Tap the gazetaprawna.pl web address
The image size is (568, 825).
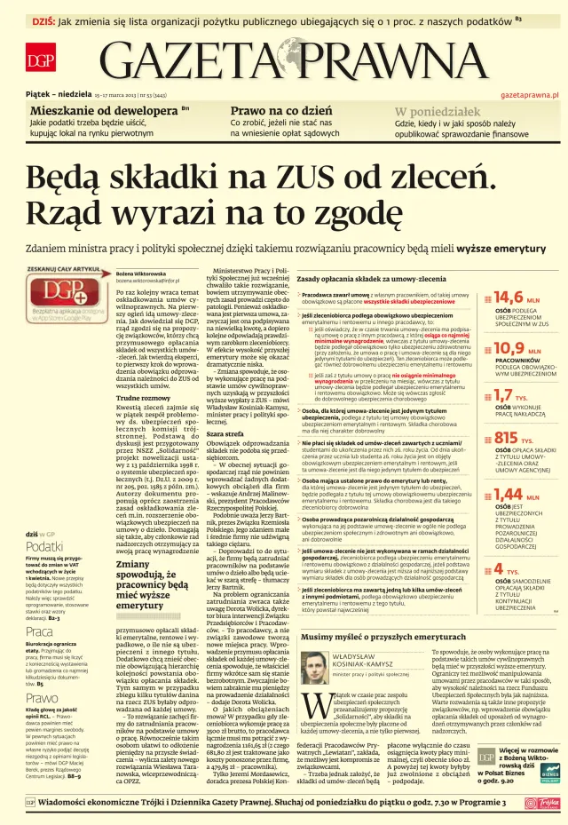530,93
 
